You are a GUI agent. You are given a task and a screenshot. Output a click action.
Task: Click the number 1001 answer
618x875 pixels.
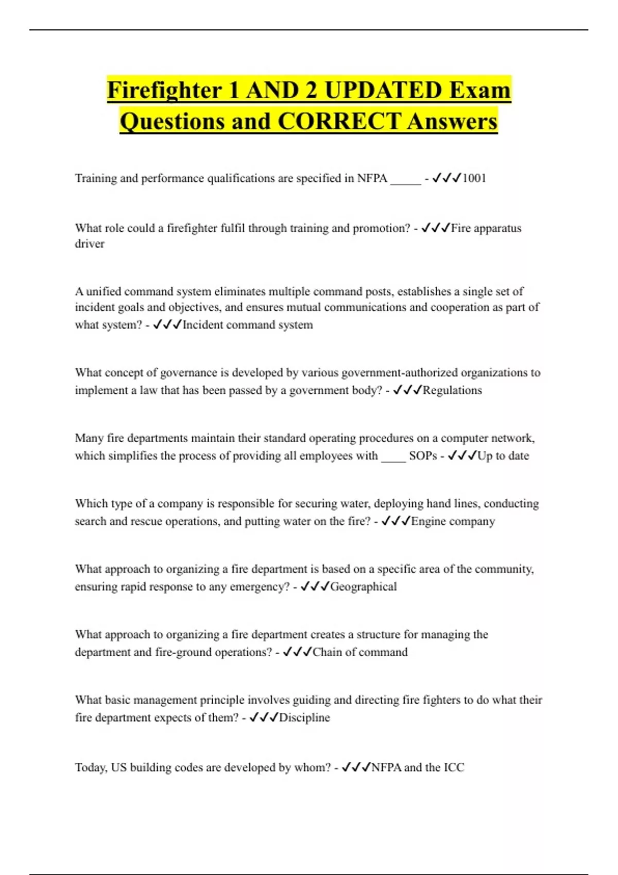474,178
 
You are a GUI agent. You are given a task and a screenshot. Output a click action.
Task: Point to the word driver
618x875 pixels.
90,243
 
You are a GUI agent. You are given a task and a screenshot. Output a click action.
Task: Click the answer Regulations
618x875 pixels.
452,390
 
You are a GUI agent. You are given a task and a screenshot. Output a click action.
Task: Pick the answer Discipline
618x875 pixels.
304,717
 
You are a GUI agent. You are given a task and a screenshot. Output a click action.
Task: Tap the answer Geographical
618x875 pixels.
364,587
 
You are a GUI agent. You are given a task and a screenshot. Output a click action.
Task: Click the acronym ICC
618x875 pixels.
454,767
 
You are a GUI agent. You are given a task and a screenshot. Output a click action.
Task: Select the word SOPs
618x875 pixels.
423,456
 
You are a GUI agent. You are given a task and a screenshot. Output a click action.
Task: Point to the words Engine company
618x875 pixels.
453,521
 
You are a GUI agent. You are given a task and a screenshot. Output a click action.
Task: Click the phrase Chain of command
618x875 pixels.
360,652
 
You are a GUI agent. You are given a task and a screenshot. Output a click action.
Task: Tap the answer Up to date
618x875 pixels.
503,456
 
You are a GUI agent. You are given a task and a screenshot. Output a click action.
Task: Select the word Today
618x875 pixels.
91,767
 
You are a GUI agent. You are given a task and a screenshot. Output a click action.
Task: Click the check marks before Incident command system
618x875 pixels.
167,325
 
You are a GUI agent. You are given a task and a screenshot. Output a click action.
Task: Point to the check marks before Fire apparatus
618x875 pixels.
436,228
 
